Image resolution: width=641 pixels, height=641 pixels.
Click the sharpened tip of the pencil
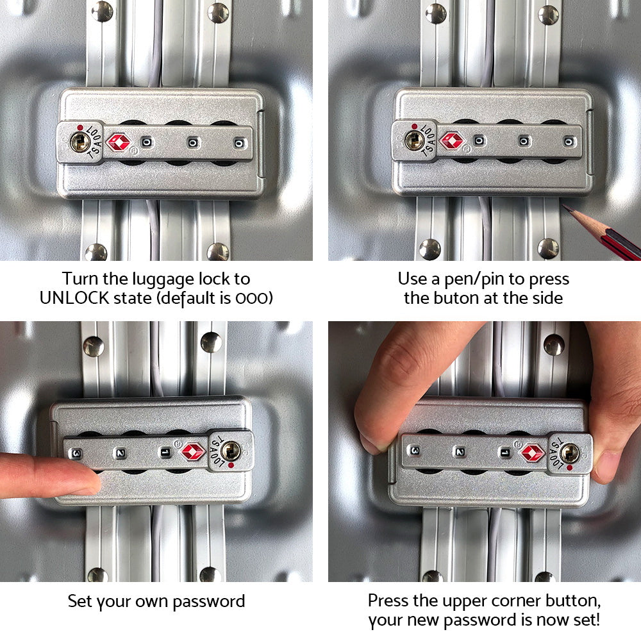[x=565, y=207]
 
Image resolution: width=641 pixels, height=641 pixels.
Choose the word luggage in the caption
[x=151, y=279]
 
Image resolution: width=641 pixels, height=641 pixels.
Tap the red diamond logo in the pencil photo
[x=453, y=141]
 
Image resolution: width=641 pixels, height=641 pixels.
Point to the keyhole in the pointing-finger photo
[x=230, y=451]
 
